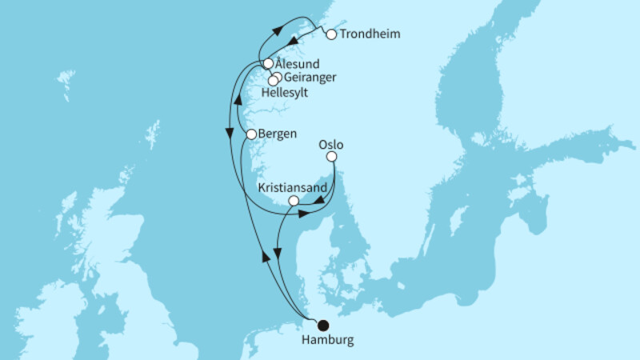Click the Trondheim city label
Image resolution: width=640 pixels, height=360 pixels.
pyautogui.click(x=370, y=34)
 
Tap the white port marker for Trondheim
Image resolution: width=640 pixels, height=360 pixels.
pyautogui.click(x=331, y=34)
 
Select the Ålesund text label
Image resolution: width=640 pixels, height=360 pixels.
pyautogui.click(x=298, y=62)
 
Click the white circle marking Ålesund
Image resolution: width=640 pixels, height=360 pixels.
pyautogui.click(x=268, y=63)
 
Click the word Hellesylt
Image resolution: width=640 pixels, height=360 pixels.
pyautogui.click(x=285, y=92)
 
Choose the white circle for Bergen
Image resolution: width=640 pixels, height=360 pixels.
pyautogui.click(x=251, y=134)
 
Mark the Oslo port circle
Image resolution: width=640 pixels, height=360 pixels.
pyautogui.click(x=331, y=158)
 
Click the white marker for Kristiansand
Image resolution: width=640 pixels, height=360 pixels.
pyautogui.click(x=294, y=201)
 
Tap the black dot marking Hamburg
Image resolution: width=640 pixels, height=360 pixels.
pyautogui.click(x=323, y=326)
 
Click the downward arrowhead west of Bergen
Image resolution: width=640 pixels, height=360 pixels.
pyautogui.click(x=231, y=134)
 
